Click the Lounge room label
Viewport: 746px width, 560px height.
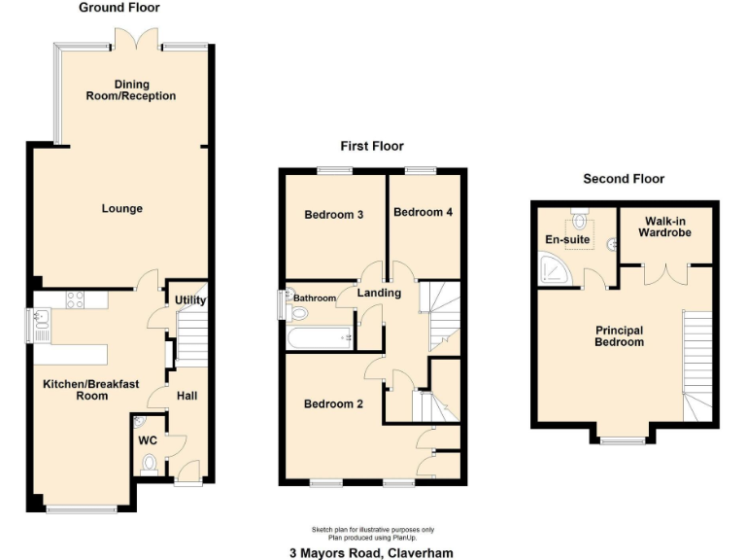(121, 209)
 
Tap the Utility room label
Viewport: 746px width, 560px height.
(190, 300)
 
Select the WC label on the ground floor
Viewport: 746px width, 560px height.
(148, 440)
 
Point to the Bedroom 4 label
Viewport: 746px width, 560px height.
(423, 212)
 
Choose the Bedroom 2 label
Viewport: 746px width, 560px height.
(333, 404)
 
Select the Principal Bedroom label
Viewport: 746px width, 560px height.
(620, 336)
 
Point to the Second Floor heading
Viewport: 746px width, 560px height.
(624, 179)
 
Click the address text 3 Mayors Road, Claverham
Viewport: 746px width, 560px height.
(371, 553)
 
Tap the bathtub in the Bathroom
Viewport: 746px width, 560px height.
(319, 338)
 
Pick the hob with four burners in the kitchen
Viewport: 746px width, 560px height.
(75, 300)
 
